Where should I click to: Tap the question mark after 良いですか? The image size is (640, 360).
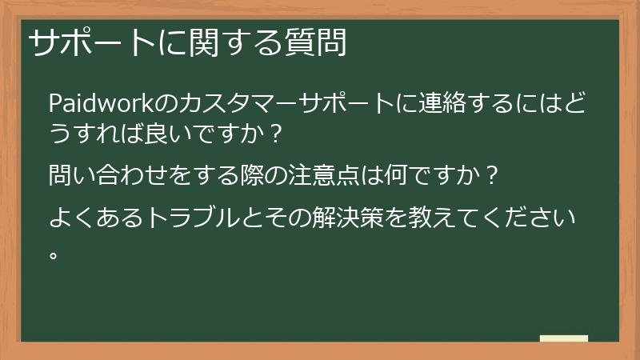click(276, 130)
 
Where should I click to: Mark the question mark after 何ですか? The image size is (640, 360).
click(493, 173)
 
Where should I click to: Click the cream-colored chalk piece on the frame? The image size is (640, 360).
click(563, 339)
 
